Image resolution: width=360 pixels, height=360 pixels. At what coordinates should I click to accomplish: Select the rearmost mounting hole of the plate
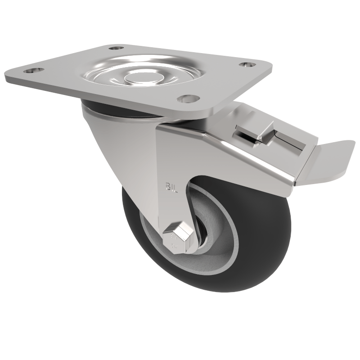(x=116, y=47)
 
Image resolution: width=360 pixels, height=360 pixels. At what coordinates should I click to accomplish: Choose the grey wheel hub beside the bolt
(x=216, y=252)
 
